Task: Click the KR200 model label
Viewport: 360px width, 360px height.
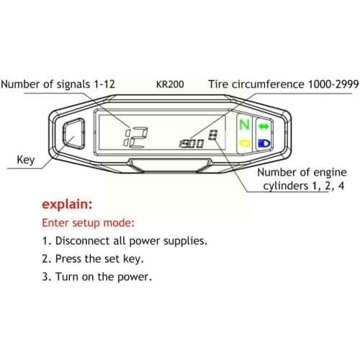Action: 170,84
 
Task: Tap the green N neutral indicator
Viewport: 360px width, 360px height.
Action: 245,125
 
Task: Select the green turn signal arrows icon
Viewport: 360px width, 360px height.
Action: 264,126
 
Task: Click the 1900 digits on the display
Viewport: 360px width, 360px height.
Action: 191,143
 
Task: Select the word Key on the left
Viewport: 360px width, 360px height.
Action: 24,159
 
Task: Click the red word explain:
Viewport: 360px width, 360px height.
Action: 67,205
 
